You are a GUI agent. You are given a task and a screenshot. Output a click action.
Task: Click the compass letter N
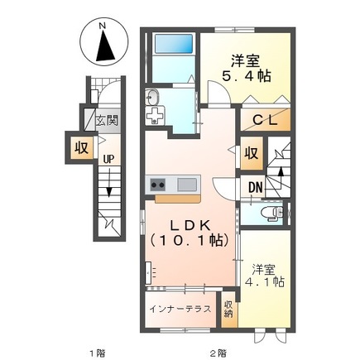pos(103,26)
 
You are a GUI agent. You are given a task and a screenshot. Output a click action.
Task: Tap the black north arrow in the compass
pos(105,46)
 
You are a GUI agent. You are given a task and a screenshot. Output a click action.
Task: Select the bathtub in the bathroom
pos(174,43)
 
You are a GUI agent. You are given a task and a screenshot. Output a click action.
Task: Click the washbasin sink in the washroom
pos(153,98)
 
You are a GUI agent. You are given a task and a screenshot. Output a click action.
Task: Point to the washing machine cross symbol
pos(155,115)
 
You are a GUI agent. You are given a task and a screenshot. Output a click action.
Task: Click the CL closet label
pos(265,120)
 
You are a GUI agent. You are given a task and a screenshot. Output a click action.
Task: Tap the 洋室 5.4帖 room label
pos(247,68)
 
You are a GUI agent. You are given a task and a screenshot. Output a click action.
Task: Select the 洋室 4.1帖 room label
pos(265,276)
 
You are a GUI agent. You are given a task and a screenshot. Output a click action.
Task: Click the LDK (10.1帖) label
pos(190,233)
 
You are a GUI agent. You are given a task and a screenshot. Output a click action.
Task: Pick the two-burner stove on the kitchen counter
pos(157,185)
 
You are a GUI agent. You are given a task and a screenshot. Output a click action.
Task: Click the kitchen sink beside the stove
pos(187,185)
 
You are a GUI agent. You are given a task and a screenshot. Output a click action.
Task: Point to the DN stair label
pos(255,188)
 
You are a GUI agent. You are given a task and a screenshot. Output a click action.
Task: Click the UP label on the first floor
pos(108,159)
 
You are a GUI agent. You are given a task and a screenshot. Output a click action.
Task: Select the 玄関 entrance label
pos(107,121)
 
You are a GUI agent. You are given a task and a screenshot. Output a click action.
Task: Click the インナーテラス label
pos(180,310)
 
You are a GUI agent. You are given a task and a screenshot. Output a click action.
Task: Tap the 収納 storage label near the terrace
pos(228,310)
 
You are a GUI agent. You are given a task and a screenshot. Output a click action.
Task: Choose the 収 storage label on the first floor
pos(82,148)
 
